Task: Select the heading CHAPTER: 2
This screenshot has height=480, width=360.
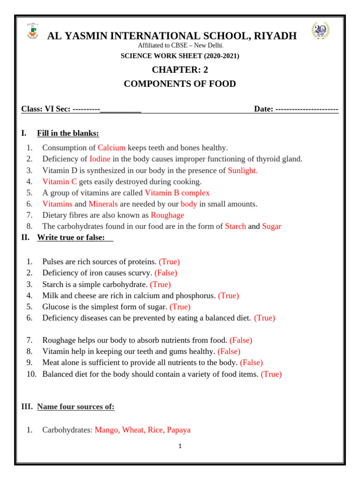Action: [180, 70]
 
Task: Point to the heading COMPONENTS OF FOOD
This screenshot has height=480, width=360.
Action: [180, 84]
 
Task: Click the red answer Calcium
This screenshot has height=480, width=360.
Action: [112, 148]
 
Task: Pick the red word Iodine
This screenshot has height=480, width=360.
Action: [100, 159]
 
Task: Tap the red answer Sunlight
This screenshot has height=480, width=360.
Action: [242, 170]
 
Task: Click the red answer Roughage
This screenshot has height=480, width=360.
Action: [167, 215]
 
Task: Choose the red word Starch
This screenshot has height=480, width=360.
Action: [235, 226]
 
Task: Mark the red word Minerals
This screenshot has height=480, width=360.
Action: [103, 204]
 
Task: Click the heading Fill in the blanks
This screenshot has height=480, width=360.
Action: [68, 134]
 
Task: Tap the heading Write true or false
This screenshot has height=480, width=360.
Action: [71, 237]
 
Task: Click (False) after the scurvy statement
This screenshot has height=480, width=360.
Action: [166, 273]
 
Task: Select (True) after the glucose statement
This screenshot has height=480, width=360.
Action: [180, 307]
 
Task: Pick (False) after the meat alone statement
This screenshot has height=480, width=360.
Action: [251, 362]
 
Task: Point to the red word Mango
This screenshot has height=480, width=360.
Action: [106, 430]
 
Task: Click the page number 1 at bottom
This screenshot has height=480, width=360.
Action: [180, 446]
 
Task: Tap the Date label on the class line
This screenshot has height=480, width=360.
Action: [263, 109]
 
